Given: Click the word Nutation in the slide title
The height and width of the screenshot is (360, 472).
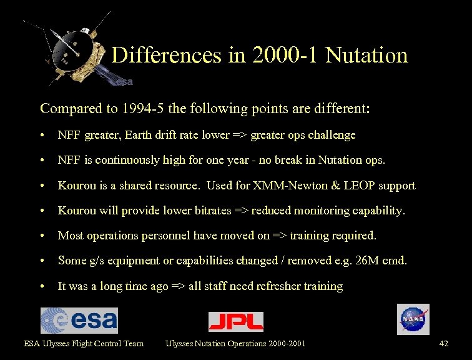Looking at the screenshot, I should coord(366,56).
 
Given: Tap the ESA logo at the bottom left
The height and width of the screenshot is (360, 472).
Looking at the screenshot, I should coord(79,321).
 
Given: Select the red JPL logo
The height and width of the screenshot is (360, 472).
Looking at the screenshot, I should coord(235,321).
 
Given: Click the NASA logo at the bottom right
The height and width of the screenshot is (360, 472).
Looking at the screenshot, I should coord(413,319).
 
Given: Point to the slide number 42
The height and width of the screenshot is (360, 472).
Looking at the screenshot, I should coord(444,343).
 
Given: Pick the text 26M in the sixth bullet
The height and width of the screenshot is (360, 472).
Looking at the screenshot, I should coord(363,261).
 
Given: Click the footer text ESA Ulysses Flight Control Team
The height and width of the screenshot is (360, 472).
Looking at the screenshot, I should coord(84,343).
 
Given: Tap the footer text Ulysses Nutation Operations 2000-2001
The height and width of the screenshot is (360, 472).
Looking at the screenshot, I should coord(235,343).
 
